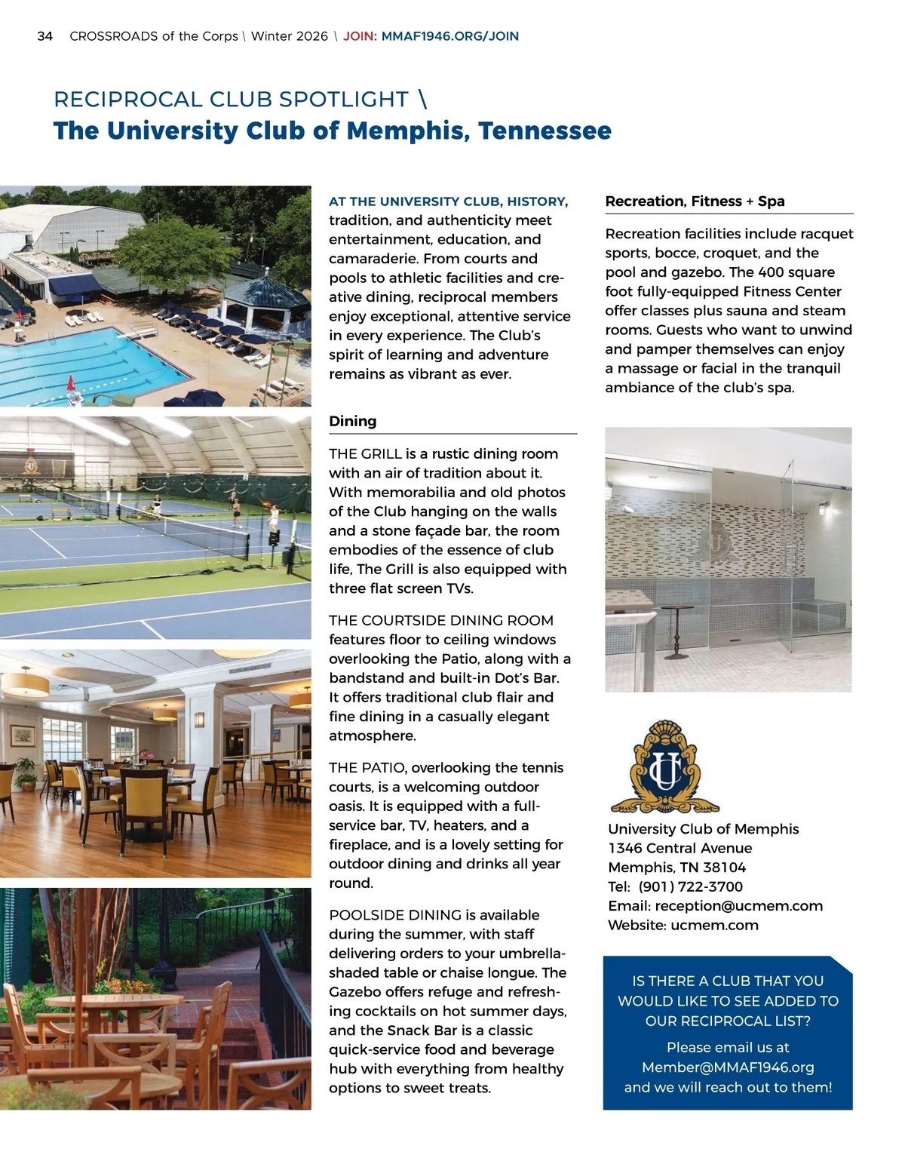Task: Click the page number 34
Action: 44,36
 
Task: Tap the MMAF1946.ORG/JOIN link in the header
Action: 450,36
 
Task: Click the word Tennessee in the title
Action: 545,131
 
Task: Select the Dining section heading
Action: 352,422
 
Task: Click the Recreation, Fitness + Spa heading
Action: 695,201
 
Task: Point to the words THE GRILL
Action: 365,454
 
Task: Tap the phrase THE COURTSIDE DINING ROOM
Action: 441,621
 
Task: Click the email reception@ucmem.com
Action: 738,906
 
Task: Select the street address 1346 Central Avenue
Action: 680,849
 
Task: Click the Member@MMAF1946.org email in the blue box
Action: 728,1067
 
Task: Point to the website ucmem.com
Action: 714,926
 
